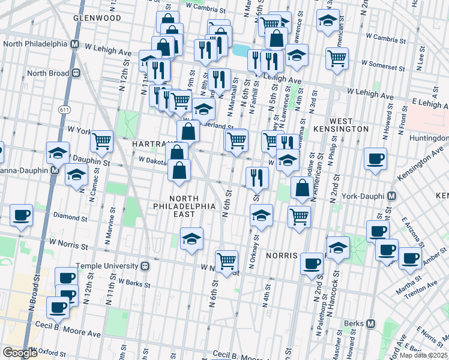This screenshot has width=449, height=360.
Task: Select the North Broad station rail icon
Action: tap(76, 73)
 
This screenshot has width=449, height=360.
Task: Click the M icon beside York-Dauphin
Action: tap(391, 196)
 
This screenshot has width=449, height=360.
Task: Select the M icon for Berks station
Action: tap(372, 323)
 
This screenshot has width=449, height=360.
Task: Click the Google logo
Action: tap(20, 353)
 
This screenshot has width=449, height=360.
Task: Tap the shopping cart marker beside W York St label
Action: tap(102, 141)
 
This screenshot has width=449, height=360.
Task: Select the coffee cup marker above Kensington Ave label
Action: tap(376, 159)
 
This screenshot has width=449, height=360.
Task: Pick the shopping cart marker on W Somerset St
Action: tap(337, 58)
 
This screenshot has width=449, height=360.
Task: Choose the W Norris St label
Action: tap(69, 244)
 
